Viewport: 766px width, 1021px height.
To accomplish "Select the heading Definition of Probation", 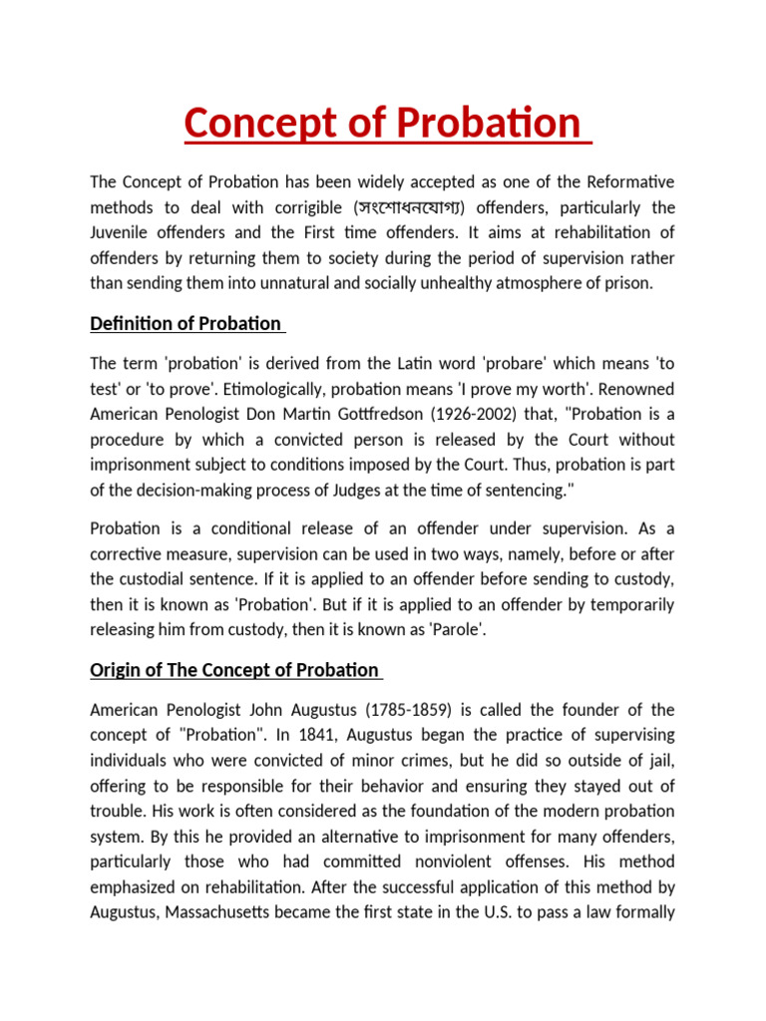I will click(188, 324).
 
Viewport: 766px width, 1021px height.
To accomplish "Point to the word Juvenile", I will click(121, 233).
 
